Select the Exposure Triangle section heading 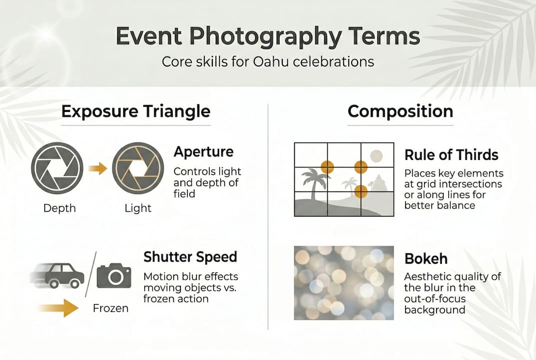[x=135, y=111]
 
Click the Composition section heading [x=400, y=111]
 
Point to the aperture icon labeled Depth [x=56, y=168]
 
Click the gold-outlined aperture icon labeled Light [x=138, y=168]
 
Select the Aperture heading [x=203, y=152]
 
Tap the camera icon [x=114, y=275]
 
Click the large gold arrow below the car [x=58, y=307]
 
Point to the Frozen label [x=110, y=308]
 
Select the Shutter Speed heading [x=190, y=257]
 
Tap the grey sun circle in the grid [x=376, y=155]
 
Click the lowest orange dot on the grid [x=361, y=191]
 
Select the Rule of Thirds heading [x=451, y=155]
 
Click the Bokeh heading [x=426, y=259]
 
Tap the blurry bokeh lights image [x=344, y=282]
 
